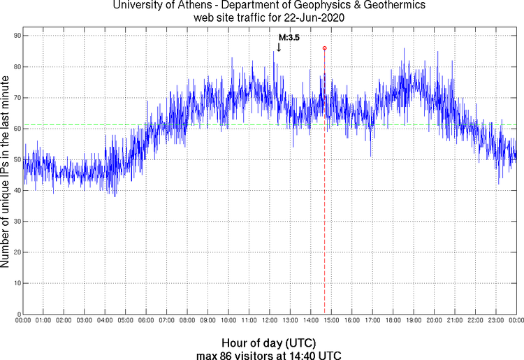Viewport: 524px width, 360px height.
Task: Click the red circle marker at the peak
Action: click(324, 48)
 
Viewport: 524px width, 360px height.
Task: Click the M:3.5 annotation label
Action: click(289, 38)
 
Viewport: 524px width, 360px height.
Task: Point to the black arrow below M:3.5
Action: click(278, 48)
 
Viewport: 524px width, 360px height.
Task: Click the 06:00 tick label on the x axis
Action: click(146, 321)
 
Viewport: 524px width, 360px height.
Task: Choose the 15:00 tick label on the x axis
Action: click(331, 321)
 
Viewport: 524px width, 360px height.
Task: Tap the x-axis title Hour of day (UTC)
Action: click(268, 343)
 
